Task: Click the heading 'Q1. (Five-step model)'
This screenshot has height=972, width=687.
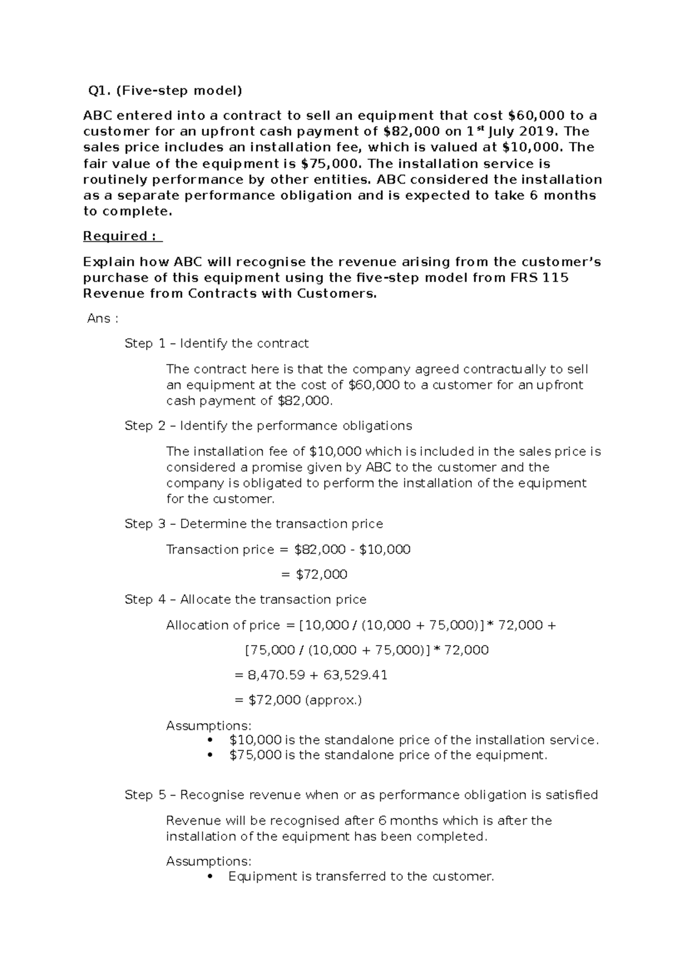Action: [164, 90]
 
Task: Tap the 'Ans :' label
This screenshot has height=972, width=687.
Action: [102, 319]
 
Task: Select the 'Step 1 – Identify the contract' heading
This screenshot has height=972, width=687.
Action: [216, 343]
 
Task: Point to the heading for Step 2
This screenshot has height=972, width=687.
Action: [268, 426]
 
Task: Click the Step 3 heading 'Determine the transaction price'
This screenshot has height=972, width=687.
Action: [254, 524]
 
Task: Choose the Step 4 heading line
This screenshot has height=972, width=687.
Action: [245, 599]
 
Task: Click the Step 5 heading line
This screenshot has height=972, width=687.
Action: [361, 795]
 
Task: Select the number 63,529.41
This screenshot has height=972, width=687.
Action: [355, 675]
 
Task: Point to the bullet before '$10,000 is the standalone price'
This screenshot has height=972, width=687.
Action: [212, 741]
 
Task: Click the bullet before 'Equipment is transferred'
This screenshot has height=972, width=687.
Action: [212, 877]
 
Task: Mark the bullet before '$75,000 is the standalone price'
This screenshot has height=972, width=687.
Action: [212, 756]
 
